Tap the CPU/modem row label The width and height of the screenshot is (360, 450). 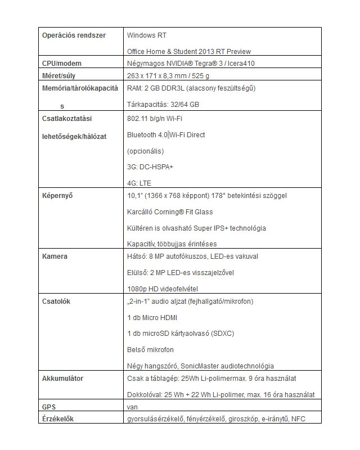pos(62,64)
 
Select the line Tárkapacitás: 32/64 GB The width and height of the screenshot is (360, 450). pos(163,104)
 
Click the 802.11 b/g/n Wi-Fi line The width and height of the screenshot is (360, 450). pos(155,119)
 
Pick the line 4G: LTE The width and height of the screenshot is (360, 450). pos(139,183)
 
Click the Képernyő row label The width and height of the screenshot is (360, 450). pos(58,196)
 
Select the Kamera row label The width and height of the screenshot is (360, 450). pos(55,256)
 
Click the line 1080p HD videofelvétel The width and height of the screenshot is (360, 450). pos(161,289)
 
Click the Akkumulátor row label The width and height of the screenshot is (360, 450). pos(62,379)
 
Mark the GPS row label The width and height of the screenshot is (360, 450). pos(49,407)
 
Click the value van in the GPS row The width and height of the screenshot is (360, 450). pos(133,407)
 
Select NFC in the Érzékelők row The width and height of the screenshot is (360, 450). pos(299,418)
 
